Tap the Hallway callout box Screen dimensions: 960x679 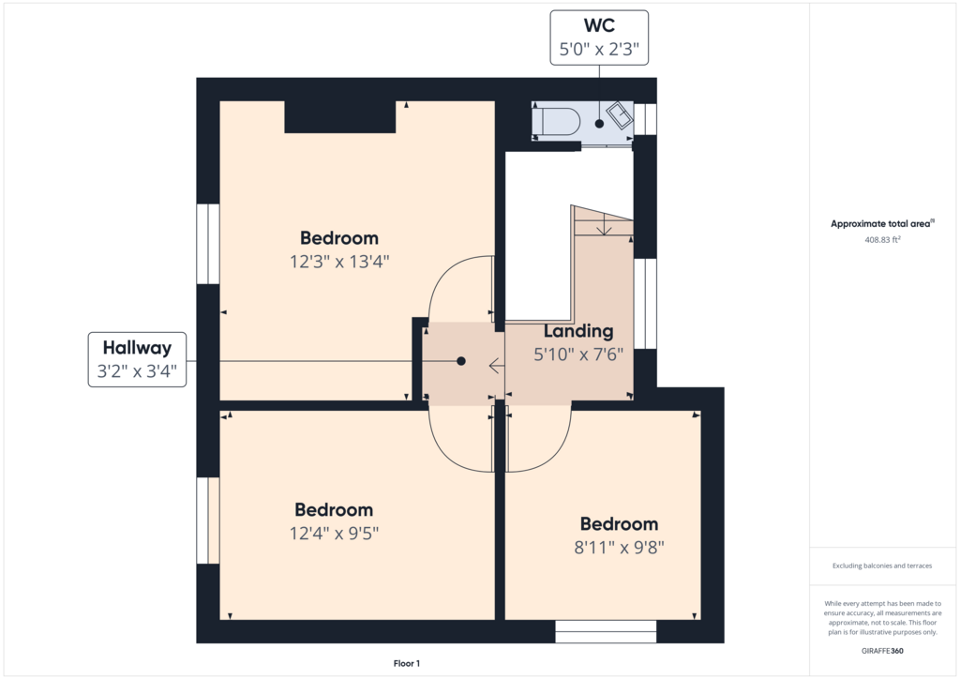[137, 359]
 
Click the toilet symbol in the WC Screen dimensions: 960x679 [556, 121]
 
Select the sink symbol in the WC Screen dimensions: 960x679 [620, 115]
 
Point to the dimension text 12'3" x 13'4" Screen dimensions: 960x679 [339, 262]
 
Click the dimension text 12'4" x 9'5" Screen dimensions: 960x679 [334, 534]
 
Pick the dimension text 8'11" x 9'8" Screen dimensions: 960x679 [619, 548]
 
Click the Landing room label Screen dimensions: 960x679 [578, 331]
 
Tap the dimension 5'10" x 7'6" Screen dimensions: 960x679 [578, 355]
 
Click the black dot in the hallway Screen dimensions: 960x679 [461, 361]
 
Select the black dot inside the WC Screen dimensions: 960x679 [599, 124]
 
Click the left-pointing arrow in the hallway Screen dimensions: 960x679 [496, 366]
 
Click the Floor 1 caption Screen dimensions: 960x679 [407, 664]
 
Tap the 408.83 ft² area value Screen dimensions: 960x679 [882, 240]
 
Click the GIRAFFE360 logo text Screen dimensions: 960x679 [882, 651]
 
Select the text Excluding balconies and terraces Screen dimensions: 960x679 [882, 566]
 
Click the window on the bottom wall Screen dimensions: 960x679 [606, 631]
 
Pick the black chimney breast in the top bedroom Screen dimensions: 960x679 [339, 116]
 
